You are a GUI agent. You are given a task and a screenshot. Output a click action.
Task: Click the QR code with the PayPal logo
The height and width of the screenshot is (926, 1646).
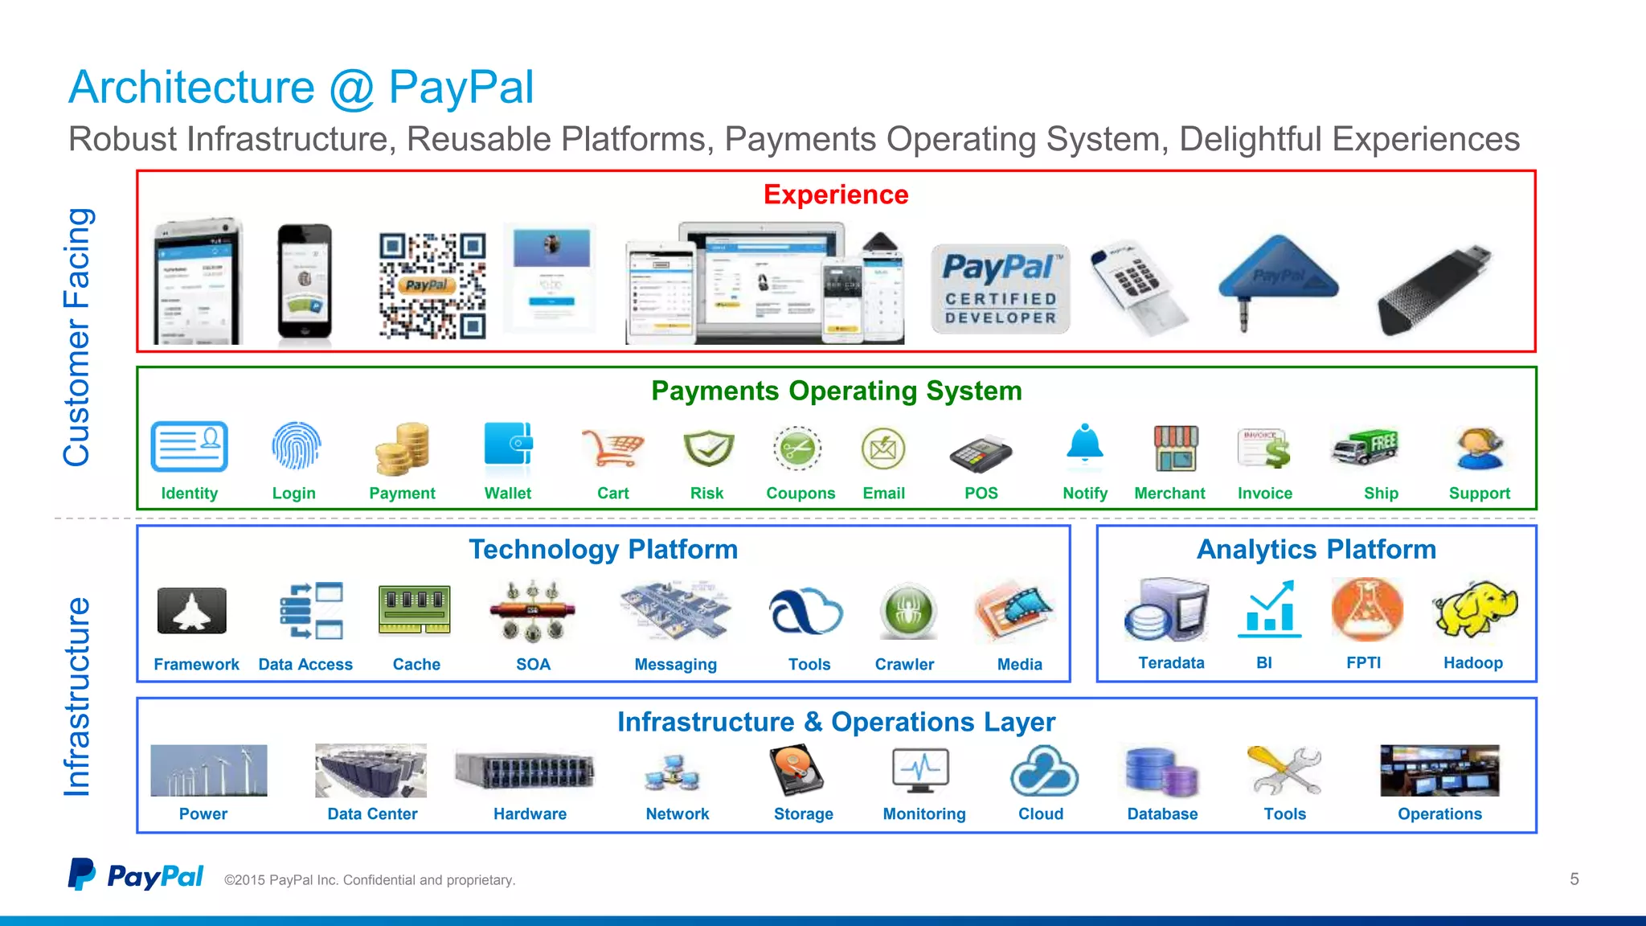432,285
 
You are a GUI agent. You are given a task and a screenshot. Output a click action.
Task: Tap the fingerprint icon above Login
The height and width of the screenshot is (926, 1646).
296,446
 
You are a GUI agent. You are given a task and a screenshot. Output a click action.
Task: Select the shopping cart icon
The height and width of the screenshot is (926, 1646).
612,448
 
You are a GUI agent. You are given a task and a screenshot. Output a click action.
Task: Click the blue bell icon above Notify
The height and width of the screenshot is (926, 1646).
1084,444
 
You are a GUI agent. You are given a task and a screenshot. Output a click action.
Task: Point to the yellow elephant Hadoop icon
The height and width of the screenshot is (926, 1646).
1474,609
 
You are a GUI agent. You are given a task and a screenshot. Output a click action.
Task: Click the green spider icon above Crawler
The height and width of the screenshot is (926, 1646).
907,611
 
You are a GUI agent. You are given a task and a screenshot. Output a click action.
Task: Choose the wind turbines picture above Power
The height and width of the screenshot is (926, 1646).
208,770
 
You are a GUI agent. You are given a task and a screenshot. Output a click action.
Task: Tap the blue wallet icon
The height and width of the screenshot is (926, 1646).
508,444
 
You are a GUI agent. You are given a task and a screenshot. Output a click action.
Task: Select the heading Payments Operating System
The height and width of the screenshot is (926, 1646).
836,391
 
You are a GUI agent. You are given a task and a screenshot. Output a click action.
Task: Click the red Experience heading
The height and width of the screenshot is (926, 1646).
836,195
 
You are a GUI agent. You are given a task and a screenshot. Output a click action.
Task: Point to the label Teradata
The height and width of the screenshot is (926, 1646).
1171,663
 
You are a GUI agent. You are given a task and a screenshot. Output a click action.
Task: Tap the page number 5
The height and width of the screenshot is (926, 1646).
1574,879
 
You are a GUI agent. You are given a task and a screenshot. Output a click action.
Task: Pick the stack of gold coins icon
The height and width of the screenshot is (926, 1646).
402,449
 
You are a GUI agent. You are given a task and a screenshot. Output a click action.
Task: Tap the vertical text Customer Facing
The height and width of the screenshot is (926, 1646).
77,338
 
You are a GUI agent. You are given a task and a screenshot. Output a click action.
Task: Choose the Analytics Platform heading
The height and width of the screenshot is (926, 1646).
1316,550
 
